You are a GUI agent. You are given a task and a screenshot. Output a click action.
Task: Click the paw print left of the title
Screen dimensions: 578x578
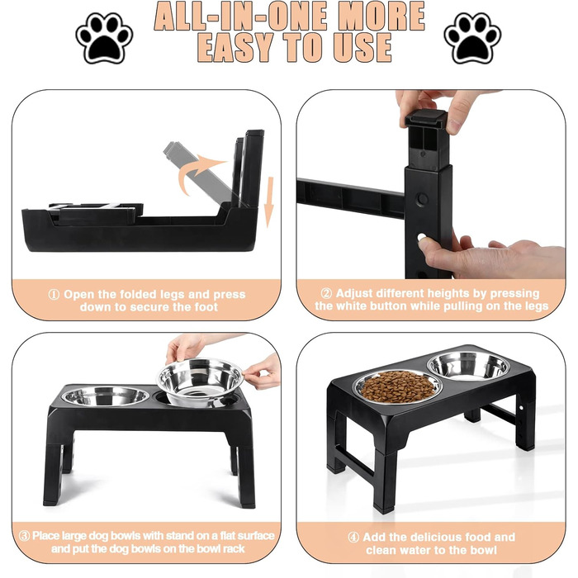pyautogui.click(x=104, y=38)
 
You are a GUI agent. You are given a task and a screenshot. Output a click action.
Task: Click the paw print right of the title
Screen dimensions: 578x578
pyautogui.click(x=473, y=38)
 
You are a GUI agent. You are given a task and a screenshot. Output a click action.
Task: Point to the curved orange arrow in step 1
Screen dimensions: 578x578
pyautogui.click(x=196, y=173)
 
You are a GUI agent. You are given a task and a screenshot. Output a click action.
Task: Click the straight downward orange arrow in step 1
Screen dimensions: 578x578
pyautogui.click(x=270, y=202)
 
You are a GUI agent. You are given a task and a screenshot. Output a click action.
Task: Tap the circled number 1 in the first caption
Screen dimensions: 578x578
pyautogui.click(x=54, y=295)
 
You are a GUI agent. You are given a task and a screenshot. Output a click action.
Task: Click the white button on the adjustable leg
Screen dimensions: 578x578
pyautogui.click(x=421, y=238)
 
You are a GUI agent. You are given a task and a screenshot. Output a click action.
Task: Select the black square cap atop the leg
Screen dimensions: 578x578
pyautogui.click(x=426, y=120)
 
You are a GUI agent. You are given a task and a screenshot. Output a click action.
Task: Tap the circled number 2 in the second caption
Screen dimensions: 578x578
pyautogui.click(x=326, y=293)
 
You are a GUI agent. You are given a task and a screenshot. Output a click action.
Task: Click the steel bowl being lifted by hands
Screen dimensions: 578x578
pyautogui.click(x=200, y=381)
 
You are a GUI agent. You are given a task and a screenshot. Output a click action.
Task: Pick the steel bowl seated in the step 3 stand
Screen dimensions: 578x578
pyautogui.click(x=106, y=396)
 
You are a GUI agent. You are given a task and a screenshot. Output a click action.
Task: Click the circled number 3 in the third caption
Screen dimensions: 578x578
pyautogui.click(x=24, y=536)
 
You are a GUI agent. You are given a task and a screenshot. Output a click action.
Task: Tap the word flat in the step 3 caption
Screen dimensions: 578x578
pyautogui.click(x=228, y=536)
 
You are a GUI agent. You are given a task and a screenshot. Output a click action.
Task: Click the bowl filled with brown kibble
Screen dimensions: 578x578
pyautogui.click(x=398, y=387)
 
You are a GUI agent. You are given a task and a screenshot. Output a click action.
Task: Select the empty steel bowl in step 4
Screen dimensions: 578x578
pyautogui.click(x=468, y=365)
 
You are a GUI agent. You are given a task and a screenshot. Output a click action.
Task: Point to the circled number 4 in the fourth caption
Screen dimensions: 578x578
pyautogui.click(x=353, y=537)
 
